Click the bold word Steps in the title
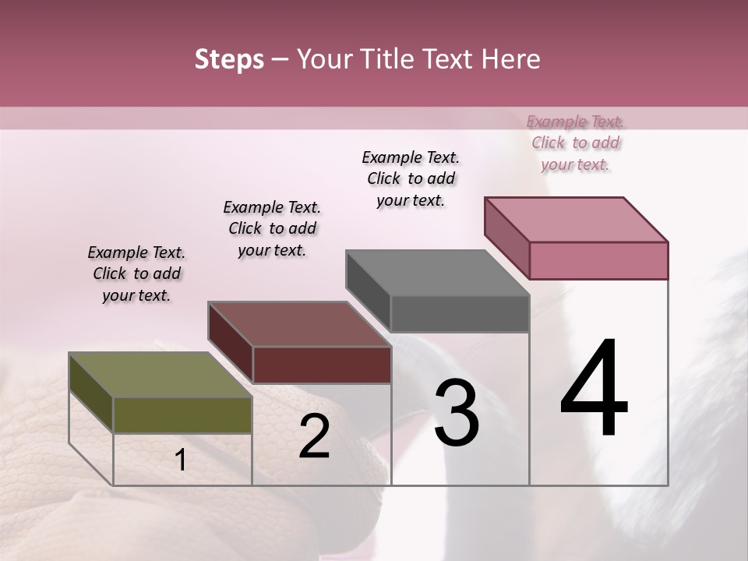[x=228, y=59]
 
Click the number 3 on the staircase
[x=457, y=413]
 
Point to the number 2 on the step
[x=314, y=436]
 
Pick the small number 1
[x=181, y=460]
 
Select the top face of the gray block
[x=437, y=273]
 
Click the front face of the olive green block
[x=182, y=415]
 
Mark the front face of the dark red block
[x=321, y=365]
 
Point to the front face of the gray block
[x=460, y=314]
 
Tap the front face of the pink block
[x=598, y=260]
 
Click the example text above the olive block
[x=136, y=273]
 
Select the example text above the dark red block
[x=272, y=228]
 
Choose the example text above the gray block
[x=411, y=178]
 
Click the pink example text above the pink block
[x=576, y=143]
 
